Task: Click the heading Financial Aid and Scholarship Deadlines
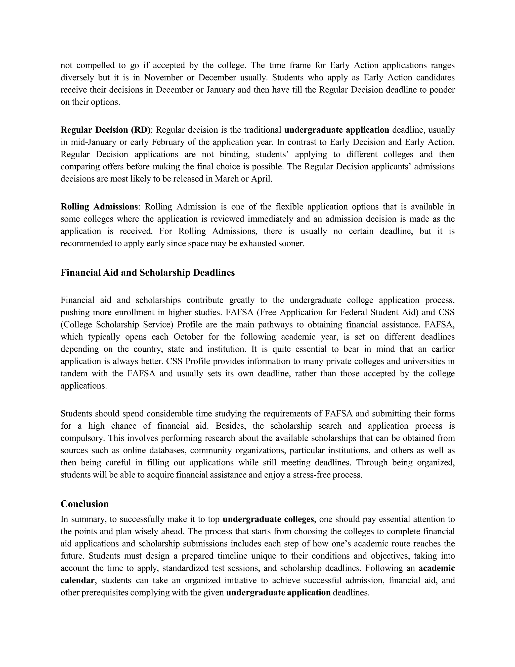pos(148,273)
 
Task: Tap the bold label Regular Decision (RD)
pos(106,130)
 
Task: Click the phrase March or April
pos(243,179)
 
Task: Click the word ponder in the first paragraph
pos(442,90)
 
